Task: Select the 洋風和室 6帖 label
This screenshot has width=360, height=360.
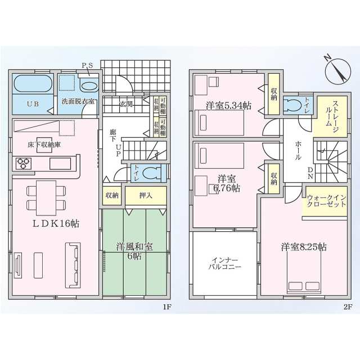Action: pyautogui.click(x=134, y=251)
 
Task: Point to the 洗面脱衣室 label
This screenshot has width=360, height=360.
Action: pyautogui.click(x=78, y=102)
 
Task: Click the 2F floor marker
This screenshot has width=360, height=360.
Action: pyautogui.click(x=347, y=307)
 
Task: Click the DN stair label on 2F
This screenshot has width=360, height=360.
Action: pyautogui.click(x=310, y=175)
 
